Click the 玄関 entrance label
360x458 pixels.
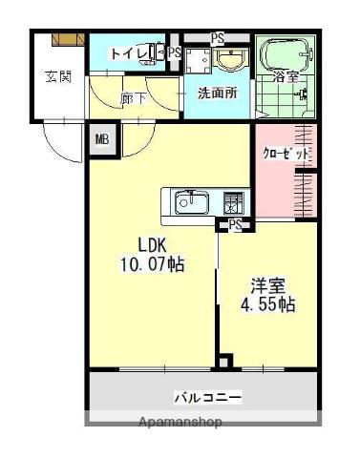point(58,76)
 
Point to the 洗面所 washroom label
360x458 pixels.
point(217,94)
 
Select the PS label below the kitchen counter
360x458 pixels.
point(234,225)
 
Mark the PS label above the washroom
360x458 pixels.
point(218,38)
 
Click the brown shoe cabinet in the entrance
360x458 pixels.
point(69,38)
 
